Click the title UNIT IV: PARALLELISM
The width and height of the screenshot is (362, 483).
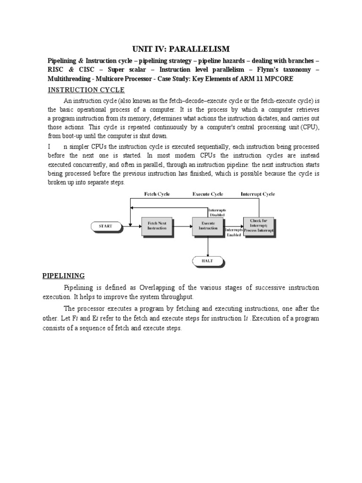(x=180, y=49)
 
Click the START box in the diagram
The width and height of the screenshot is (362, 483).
(x=106, y=226)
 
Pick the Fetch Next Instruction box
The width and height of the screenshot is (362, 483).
(x=157, y=226)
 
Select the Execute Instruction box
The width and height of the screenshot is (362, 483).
(x=208, y=226)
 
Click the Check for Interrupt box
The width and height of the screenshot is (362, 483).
(x=258, y=226)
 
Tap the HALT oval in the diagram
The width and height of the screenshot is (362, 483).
(x=208, y=260)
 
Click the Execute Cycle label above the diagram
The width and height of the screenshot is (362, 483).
(x=207, y=194)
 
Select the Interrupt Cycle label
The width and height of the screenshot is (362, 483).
(x=258, y=194)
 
